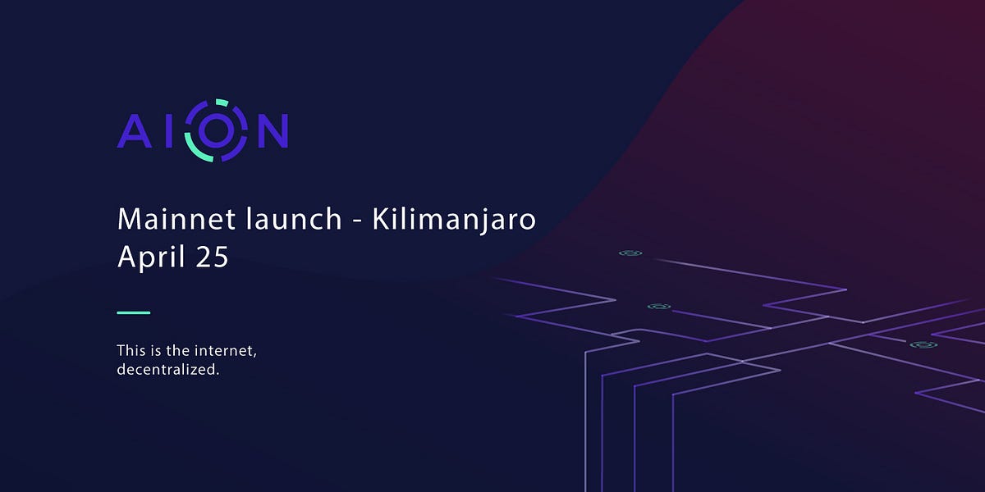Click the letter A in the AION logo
135,130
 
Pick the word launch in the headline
286,219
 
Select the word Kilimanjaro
454,221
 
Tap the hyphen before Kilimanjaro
355,221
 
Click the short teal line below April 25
133,312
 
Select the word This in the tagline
131,351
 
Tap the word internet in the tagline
228,351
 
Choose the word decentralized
168,370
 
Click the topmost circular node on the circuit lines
630,253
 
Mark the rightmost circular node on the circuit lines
923,345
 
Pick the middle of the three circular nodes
658,307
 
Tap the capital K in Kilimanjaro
380,219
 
